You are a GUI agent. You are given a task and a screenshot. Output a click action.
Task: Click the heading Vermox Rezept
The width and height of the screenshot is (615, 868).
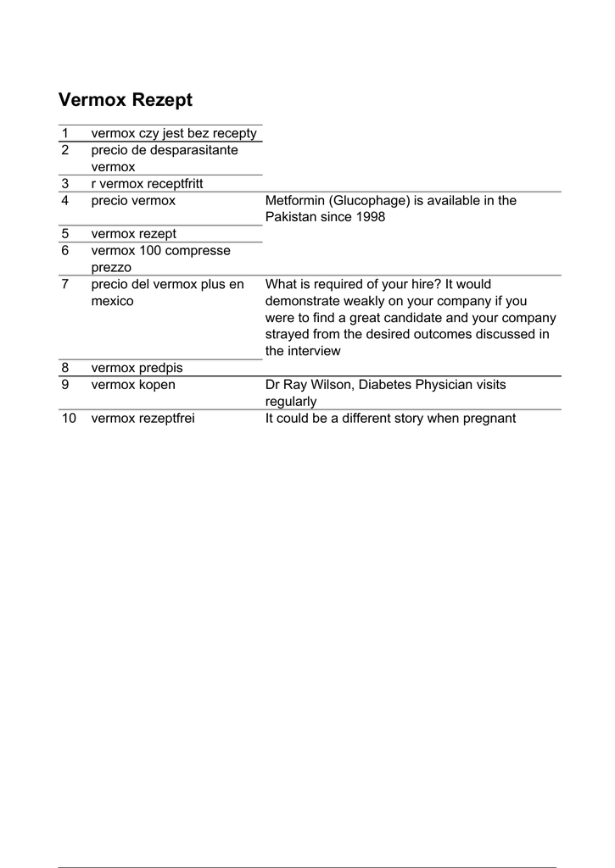[x=126, y=100]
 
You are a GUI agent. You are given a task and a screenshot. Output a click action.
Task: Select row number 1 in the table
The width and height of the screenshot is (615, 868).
[x=64, y=134]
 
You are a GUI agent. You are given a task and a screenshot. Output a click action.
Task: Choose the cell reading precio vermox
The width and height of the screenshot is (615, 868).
[x=133, y=201]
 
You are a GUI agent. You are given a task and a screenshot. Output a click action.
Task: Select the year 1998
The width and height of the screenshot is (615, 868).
[x=370, y=217]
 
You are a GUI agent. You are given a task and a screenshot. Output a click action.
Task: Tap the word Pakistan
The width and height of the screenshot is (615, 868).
[x=291, y=217]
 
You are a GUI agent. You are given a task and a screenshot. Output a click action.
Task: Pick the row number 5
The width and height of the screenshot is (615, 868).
[x=64, y=234]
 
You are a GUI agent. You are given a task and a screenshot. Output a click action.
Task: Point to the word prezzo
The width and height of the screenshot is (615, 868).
[x=111, y=267]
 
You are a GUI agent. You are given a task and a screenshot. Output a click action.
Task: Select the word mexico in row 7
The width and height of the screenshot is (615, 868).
[x=112, y=301]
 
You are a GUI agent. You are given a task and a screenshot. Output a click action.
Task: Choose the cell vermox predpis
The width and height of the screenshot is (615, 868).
[x=137, y=368]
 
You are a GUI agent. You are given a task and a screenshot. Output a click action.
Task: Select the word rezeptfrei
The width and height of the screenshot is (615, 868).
[x=165, y=418]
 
